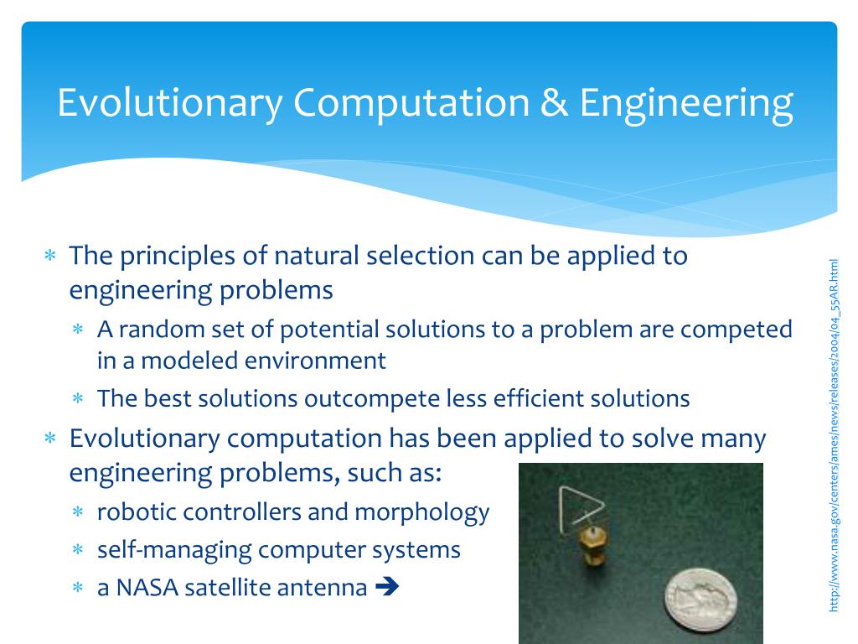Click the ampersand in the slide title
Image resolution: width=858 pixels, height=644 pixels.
tap(555, 103)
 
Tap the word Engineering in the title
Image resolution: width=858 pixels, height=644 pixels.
tap(687, 105)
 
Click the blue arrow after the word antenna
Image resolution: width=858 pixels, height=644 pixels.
tap(387, 587)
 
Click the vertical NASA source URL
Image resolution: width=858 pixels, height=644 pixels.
tap(834, 435)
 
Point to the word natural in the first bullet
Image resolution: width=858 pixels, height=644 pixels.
tap(316, 256)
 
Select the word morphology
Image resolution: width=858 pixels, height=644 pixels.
tap(422, 513)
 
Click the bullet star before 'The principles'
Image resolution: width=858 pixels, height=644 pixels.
tap(50, 255)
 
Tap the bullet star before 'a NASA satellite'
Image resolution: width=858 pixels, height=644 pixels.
tap(78, 588)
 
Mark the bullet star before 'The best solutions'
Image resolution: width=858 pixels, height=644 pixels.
tap(78, 398)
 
